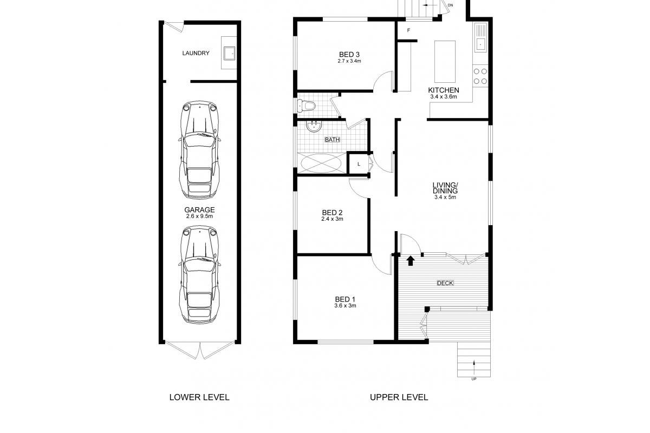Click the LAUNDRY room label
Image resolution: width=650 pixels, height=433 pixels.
click(x=196, y=53)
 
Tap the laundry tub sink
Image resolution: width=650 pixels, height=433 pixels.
click(x=229, y=53)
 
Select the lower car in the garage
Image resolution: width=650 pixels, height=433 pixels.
click(x=199, y=274)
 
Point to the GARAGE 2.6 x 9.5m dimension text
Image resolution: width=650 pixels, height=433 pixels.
click(x=199, y=216)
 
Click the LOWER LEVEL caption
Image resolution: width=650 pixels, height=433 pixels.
click(x=199, y=397)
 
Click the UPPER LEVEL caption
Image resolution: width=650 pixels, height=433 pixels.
click(x=399, y=397)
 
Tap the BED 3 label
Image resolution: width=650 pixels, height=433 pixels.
click(x=349, y=55)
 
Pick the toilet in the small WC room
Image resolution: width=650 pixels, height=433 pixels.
click(x=306, y=106)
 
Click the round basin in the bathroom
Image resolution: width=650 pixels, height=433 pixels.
click(x=314, y=127)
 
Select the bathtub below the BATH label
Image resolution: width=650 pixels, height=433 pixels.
click(x=321, y=163)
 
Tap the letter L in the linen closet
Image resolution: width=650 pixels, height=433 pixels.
click(x=359, y=164)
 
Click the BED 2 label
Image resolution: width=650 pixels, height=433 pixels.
click(x=332, y=213)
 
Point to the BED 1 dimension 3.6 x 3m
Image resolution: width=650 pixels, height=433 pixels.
click(x=345, y=306)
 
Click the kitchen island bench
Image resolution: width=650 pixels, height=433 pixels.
click(x=445, y=62)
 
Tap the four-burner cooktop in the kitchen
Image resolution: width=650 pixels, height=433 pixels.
click(x=480, y=76)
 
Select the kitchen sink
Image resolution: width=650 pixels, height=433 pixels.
click(x=480, y=38)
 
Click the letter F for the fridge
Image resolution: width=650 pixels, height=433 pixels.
click(x=408, y=30)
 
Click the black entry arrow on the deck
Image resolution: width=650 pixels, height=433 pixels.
click(x=410, y=260)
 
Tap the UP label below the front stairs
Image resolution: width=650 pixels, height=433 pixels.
click(x=474, y=379)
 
